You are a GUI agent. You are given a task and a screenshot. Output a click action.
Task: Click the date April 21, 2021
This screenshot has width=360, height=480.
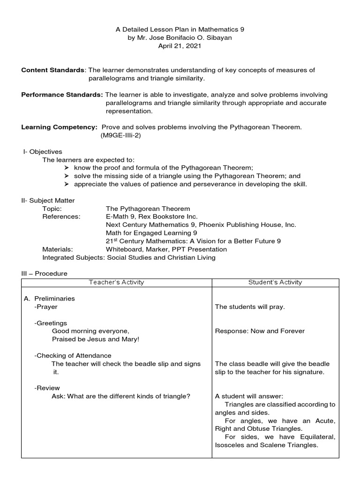pyautogui.click(x=180, y=46)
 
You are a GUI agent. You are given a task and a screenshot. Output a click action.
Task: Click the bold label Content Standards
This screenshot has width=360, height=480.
pyautogui.click(x=52, y=70)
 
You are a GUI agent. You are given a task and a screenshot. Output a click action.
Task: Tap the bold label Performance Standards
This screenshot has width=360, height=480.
pyautogui.click(x=62, y=95)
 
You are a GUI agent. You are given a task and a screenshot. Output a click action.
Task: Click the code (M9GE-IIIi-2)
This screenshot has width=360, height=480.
pyautogui.click(x=120, y=135)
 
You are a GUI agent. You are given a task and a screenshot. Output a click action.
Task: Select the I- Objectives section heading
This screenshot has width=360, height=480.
pyautogui.click(x=43, y=151)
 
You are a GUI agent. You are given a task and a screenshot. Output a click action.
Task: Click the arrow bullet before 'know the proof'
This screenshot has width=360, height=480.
pyautogui.click(x=66, y=168)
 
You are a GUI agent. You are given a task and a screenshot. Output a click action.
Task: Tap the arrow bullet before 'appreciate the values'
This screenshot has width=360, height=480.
pyautogui.click(x=66, y=184)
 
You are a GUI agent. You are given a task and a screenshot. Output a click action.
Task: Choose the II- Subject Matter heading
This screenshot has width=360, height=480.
pyautogui.click(x=48, y=200)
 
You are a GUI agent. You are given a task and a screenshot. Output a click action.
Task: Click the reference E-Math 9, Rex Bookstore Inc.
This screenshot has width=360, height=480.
pyautogui.click(x=152, y=217)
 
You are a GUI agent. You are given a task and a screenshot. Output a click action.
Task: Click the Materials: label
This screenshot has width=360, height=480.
pyautogui.click(x=58, y=249)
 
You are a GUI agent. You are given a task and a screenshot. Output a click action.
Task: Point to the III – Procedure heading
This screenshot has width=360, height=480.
pyautogui.click(x=44, y=273)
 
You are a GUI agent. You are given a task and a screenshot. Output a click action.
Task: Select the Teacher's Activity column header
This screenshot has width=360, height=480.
pyautogui.click(x=116, y=282)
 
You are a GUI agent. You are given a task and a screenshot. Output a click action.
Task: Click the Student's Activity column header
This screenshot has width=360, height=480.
pyautogui.click(x=275, y=282)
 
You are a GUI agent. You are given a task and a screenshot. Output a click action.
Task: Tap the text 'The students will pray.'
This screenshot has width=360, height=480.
pyautogui.click(x=250, y=307)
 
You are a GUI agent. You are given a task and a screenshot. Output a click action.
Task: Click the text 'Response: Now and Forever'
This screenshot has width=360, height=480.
pyautogui.click(x=260, y=331)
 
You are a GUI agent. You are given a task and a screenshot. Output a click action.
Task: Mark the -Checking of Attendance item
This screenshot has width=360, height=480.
pyautogui.click(x=73, y=355)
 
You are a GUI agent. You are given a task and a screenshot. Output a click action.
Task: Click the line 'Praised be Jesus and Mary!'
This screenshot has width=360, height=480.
pyautogui.click(x=96, y=339)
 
